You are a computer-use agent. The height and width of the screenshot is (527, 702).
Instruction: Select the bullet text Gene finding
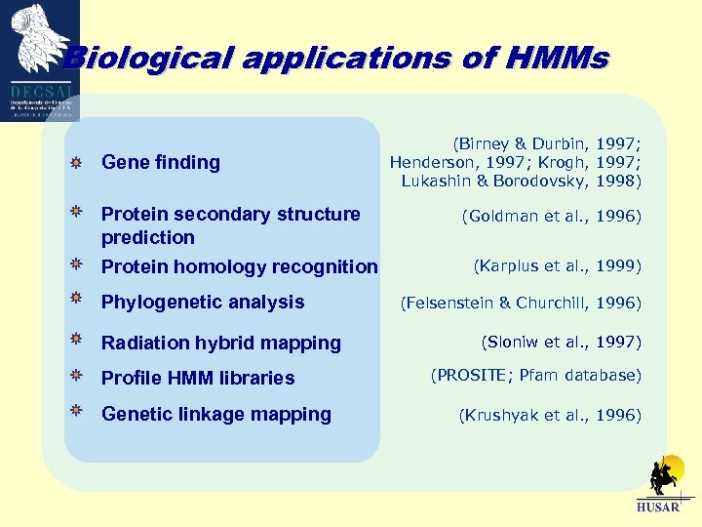pos(161,162)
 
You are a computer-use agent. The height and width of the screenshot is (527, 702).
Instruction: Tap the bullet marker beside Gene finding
pos(75,162)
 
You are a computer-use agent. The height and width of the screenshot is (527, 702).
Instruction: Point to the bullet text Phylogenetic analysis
pos(203,303)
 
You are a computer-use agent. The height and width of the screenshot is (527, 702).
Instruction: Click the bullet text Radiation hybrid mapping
pos(221,343)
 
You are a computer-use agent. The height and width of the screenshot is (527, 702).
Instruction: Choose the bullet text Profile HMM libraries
pos(198,378)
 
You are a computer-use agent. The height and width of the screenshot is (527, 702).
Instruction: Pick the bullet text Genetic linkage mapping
pos(216,414)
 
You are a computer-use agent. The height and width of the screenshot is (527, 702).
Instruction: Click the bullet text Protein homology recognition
pos(239,266)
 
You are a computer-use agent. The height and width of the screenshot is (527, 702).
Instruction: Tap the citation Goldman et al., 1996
pos(551,217)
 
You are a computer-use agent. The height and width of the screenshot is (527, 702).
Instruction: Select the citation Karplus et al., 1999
pos(557,264)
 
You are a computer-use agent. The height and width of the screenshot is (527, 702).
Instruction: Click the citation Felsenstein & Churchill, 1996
pos(521,304)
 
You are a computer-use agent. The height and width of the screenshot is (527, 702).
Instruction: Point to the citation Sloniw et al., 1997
pos(561,342)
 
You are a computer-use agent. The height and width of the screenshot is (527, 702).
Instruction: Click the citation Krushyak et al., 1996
pos(550,415)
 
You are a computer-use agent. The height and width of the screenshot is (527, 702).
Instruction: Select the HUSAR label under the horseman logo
pos(658,507)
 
